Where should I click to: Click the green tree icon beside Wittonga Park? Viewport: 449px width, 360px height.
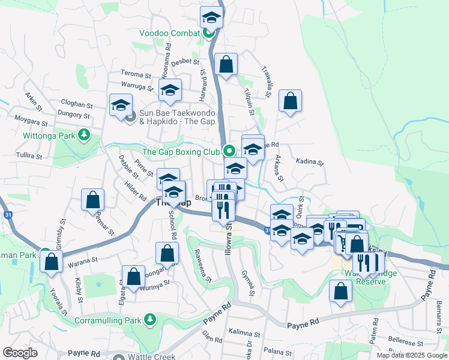pyautogui.click(x=85, y=135)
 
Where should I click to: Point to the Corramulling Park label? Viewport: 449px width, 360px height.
pyautogui.click(x=107, y=320)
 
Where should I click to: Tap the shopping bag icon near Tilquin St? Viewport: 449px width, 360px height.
pyautogui.click(x=226, y=65)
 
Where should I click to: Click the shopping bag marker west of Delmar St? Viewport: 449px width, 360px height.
pyautogui.click(x=93, y=200)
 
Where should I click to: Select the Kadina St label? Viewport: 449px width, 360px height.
pyautogui.click(x=310, y=162)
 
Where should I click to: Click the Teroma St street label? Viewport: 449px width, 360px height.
pyautogui.click(x=136, y=75)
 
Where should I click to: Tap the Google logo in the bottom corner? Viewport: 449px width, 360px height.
pyautogui.click(x=20, y=353)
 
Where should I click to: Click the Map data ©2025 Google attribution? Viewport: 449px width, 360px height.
pyautogui.click(x=412, y=355)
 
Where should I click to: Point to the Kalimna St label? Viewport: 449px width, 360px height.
pyautogui.click(x=243, y=333)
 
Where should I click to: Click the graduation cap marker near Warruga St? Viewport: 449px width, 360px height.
pyautogui.click(x=170, y=91)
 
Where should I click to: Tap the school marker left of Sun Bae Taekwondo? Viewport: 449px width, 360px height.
pyautogui.click(x=121, y=105)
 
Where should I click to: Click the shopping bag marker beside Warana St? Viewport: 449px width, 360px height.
pyautogui.click(x=52, y=262)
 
